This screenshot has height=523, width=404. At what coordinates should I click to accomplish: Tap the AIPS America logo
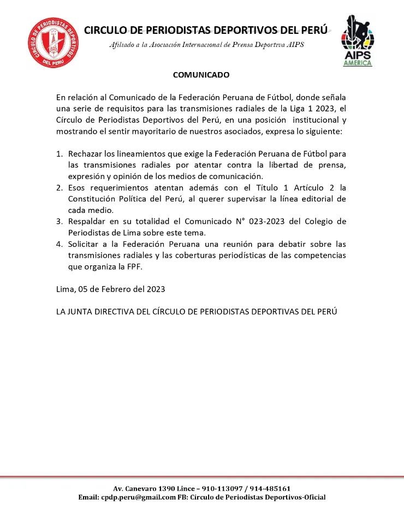358,40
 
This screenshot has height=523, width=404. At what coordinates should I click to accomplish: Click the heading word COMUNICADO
201,74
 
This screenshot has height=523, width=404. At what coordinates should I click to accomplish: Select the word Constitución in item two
92,199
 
